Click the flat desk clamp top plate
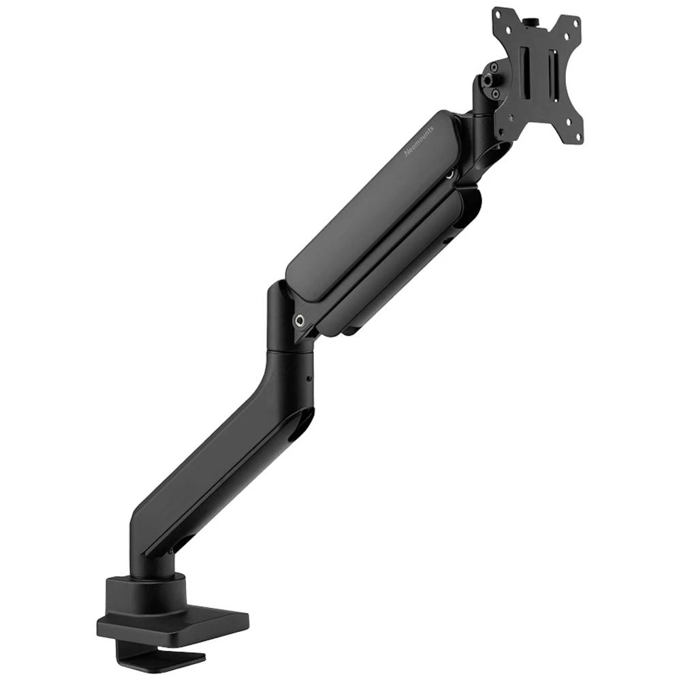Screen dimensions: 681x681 pyautogui.click(x=174, y=624)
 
